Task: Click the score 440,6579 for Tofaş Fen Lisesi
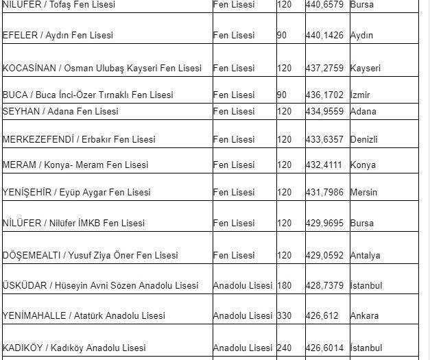tap(324, 5)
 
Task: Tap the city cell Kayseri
tap(365, 69)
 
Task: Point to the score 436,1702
tap(324, 95)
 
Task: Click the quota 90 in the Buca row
tap(282, 95)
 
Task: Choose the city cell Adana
tap(363, 111)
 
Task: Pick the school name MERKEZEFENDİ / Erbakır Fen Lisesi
tap(79, 139)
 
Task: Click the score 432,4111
tap(324, 165)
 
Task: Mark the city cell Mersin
tap(363, 192)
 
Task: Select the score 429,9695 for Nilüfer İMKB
tap(324, 223)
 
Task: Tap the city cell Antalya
tap(365, 255)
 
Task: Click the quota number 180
tap(285, 285)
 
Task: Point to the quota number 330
tap(285, 316)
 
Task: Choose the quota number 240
tap(285, 348)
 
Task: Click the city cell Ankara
tap(364, 316)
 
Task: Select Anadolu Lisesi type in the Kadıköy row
tap(243, 348)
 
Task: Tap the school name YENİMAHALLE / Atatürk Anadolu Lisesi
tap(84, 316)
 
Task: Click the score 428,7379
tap(324, 285)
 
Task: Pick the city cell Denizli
tap(363, 139)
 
